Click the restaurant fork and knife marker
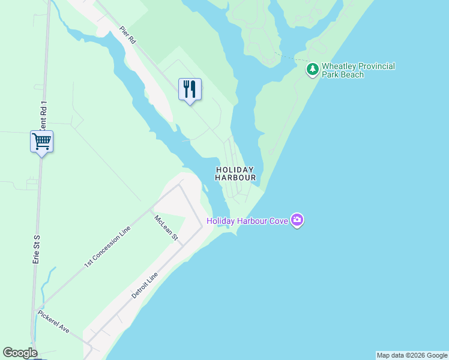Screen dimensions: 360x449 click(x=190, y=89)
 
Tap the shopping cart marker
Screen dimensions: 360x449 click(x=42, y=142)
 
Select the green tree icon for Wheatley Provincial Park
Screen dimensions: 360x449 click(x=313, y=70)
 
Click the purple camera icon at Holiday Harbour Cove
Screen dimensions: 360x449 click(x=297, y=221)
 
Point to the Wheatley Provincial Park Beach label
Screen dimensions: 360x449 click(x=358, y=70)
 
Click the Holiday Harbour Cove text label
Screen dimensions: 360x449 click(x=247, y=221)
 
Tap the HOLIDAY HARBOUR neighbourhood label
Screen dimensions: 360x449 click(x=235, y=174)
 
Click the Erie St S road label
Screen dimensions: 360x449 click(x=36, y=247)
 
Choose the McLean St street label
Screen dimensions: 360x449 click(x=166, y=228)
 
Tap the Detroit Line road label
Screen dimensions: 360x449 click(x=144, y=286)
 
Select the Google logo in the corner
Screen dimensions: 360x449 click(x=20, y=353)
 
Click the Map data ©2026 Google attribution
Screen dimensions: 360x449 click(x=412, y=355)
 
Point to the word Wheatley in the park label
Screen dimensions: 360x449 click(x=340, y=66)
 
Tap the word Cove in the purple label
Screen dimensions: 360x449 click(x=278, y=221)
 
